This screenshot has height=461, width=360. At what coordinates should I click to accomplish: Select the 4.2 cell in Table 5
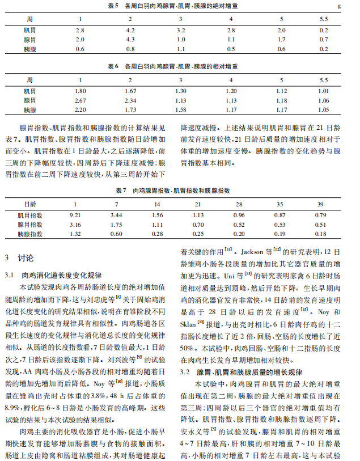click(x=130, y=29)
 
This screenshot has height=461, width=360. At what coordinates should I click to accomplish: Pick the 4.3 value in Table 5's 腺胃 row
click(x=130, y=40)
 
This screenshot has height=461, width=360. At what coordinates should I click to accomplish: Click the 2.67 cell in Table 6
click(x=80, y=100)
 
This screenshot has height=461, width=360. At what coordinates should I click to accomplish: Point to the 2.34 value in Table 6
click(x=130, y=100)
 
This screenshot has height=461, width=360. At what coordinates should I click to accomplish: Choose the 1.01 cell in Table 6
click(x=323, y=91)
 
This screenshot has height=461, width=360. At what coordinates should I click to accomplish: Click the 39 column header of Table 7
click(x=320, y=204)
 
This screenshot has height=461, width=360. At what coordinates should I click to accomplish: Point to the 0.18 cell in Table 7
click(x=320, y=234)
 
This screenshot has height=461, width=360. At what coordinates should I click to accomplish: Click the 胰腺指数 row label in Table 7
click(x=29, y=234)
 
